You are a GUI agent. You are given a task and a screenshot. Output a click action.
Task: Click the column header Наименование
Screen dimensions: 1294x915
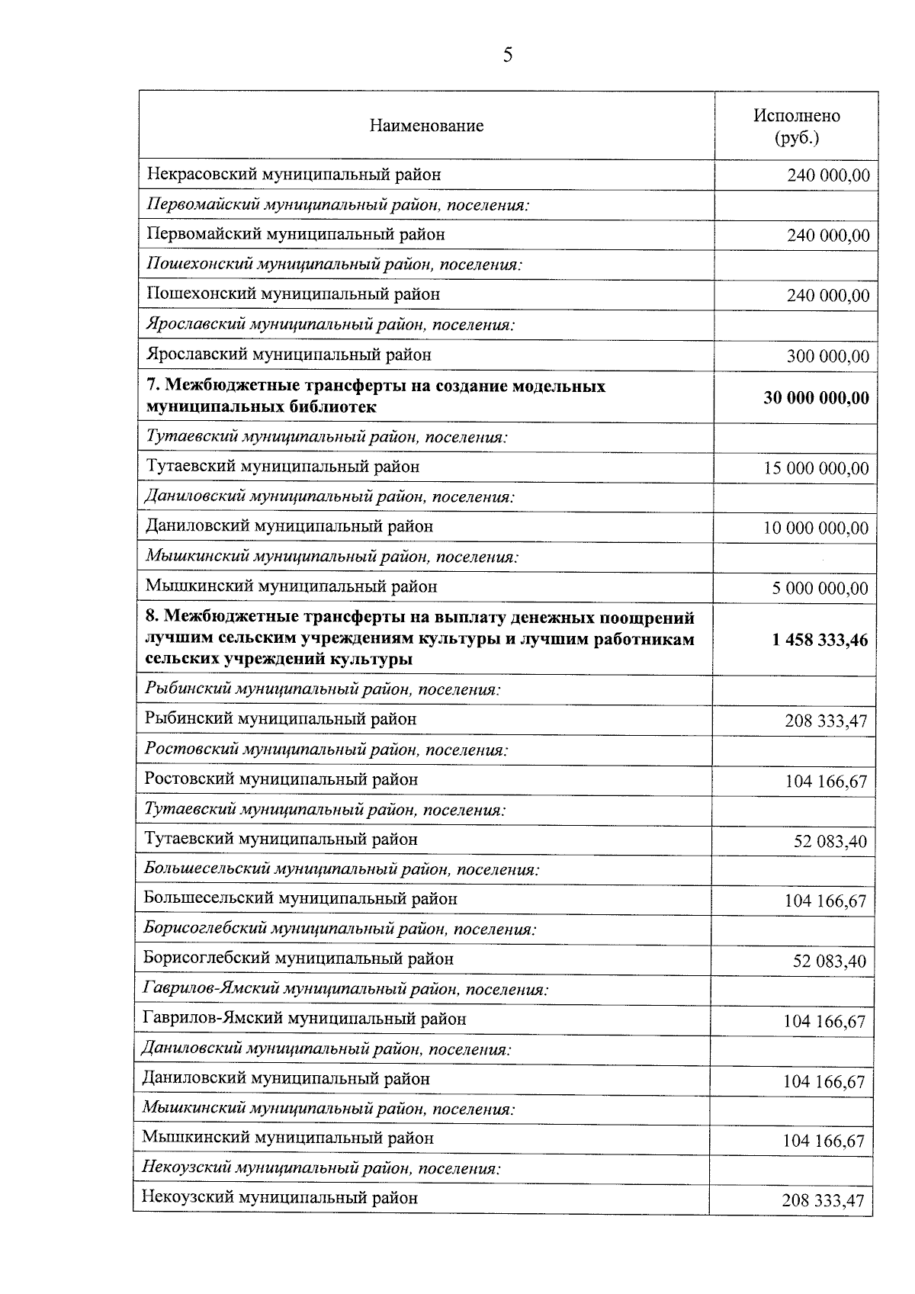pos(426,126)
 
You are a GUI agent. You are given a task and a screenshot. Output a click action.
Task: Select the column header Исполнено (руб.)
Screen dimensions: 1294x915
pos(796,127)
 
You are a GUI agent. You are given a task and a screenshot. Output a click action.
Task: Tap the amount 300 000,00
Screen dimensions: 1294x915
pos(827,356)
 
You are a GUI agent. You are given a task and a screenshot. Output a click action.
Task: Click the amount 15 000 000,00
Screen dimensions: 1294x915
pos(816,468)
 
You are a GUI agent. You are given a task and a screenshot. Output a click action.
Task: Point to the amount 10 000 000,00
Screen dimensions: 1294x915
pos(816,528)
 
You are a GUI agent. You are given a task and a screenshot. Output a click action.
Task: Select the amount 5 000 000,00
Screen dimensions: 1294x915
pos(822,589)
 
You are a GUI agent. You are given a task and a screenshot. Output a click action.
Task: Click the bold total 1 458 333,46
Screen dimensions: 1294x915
pos(819,640)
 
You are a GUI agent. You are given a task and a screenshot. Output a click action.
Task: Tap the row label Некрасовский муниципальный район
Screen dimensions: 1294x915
pos(294,175)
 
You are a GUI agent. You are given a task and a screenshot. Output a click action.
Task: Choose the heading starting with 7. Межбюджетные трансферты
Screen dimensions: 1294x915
pos(375,397)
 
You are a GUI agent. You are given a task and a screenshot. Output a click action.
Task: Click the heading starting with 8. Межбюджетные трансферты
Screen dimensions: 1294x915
pos(419,637)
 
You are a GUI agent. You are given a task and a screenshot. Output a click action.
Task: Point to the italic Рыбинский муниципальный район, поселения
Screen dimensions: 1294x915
pos(322,689)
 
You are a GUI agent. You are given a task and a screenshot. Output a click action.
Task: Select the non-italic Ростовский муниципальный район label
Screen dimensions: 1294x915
pos(281,779)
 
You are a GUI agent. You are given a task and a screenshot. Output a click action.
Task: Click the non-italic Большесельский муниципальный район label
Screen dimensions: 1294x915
pos(300,899)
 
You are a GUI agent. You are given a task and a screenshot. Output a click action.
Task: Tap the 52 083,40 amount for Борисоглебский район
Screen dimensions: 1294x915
pos(829,961)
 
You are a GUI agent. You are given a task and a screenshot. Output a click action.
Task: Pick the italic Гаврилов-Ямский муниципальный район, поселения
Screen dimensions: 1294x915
pos(345,990)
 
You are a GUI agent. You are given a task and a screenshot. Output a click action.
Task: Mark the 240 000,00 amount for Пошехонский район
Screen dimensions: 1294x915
pos(827,296)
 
